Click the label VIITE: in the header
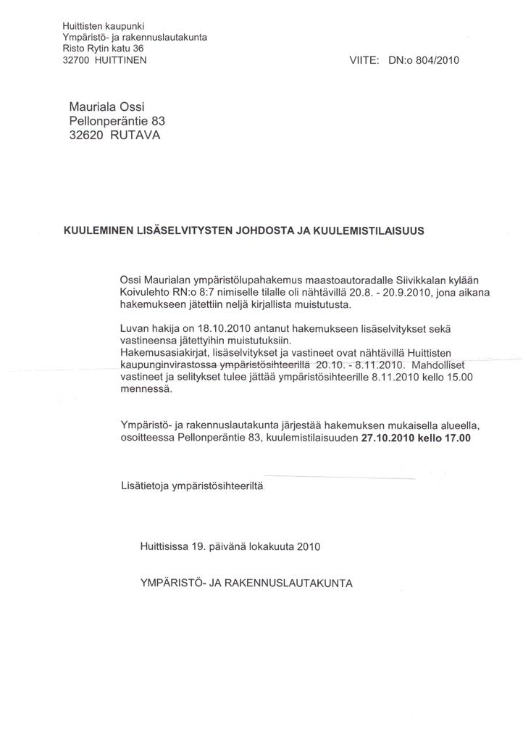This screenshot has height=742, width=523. (365, 62)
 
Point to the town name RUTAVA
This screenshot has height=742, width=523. (137, 136)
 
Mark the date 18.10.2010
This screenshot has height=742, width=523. (201, 328)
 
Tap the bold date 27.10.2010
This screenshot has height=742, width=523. (389, 438)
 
